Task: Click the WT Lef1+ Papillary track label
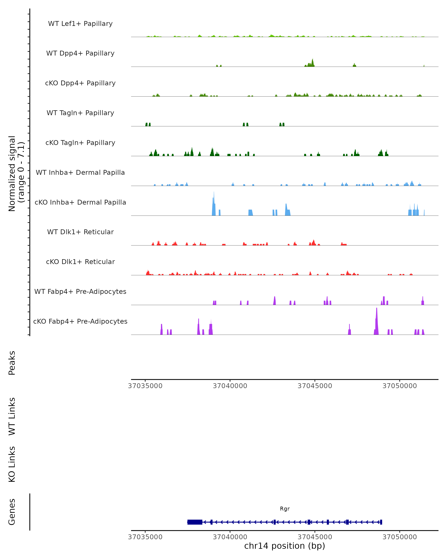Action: [x=80, y=24]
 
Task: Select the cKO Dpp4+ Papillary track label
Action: [x=80, y=83]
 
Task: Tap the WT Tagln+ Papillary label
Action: [x=80, y=113]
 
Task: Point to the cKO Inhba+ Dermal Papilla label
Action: [x=80, y=203]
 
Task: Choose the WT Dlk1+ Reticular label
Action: [x=80, y=232]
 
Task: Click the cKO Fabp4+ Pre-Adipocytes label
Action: [x=80, y=321]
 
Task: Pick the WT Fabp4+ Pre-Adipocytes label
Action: [x=80, y=292]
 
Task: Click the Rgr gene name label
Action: [x=285, y=509]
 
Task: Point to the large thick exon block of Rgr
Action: [x=195, y=522]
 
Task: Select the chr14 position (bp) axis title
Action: [x=285, y=546]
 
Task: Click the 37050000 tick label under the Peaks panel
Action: [x=400, y=386]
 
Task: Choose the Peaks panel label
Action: [x=12, y=363]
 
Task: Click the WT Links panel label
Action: [x=12, y=417]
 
